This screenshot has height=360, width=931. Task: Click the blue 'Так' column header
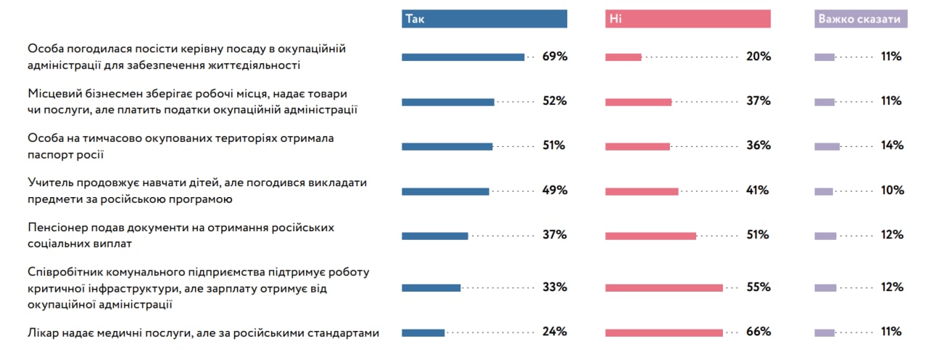pos(484,20)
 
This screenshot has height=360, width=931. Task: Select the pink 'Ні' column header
pos(687,20)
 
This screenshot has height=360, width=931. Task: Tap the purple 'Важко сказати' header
pos(861,20)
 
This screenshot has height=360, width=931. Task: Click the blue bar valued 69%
pos(463,57)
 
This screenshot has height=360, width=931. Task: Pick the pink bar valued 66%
pos(664,332)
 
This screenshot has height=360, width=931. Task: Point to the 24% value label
pos(554,332)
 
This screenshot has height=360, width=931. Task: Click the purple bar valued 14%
pos(827,146)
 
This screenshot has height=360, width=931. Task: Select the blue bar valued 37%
pos(435,236)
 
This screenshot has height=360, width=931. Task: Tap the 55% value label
pos(758,287)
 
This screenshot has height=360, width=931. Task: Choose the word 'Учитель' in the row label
pos(50,183)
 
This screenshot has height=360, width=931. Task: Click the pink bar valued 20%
pos(623,57)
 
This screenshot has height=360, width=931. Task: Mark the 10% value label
pos(892,191)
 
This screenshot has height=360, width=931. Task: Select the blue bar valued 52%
pos(448,102)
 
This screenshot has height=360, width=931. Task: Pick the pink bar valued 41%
pos(642,191)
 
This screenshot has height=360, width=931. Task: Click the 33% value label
pos(554,287)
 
